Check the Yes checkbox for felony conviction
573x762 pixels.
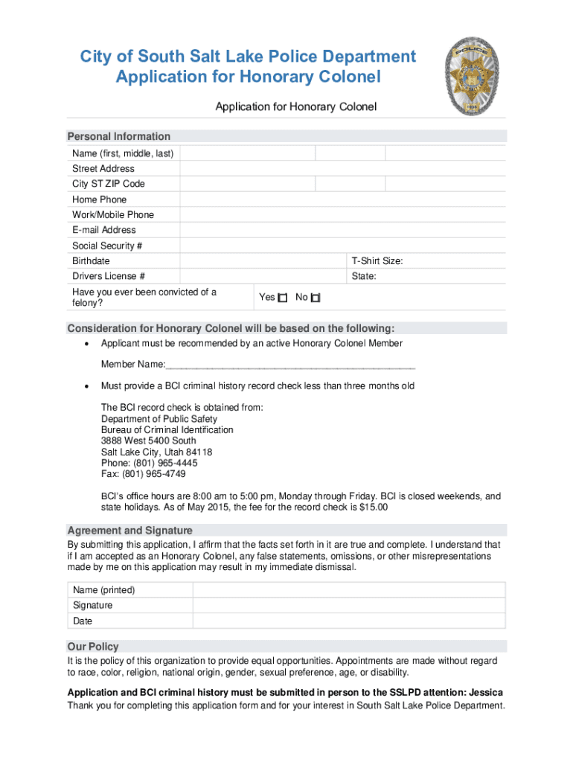(283, 298)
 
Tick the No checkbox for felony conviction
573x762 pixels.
(316, 298)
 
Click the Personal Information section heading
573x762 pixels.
(119, 136)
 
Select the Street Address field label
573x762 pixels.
(103, 168)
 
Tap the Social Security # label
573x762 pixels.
(107, 246)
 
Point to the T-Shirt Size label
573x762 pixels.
(377, 261)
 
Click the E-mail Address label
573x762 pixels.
(104, 230)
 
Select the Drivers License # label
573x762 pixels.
(109, 276)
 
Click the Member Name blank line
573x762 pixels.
(290, 365)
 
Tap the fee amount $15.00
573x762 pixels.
(373, 508)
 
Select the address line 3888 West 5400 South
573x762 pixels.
(149, 441)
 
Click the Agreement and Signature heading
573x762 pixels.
(130, 531)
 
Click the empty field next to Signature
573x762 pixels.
(348, 606)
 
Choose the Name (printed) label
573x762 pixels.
(103, 590)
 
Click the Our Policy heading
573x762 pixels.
(93, 647)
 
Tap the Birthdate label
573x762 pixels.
(91, 261)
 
